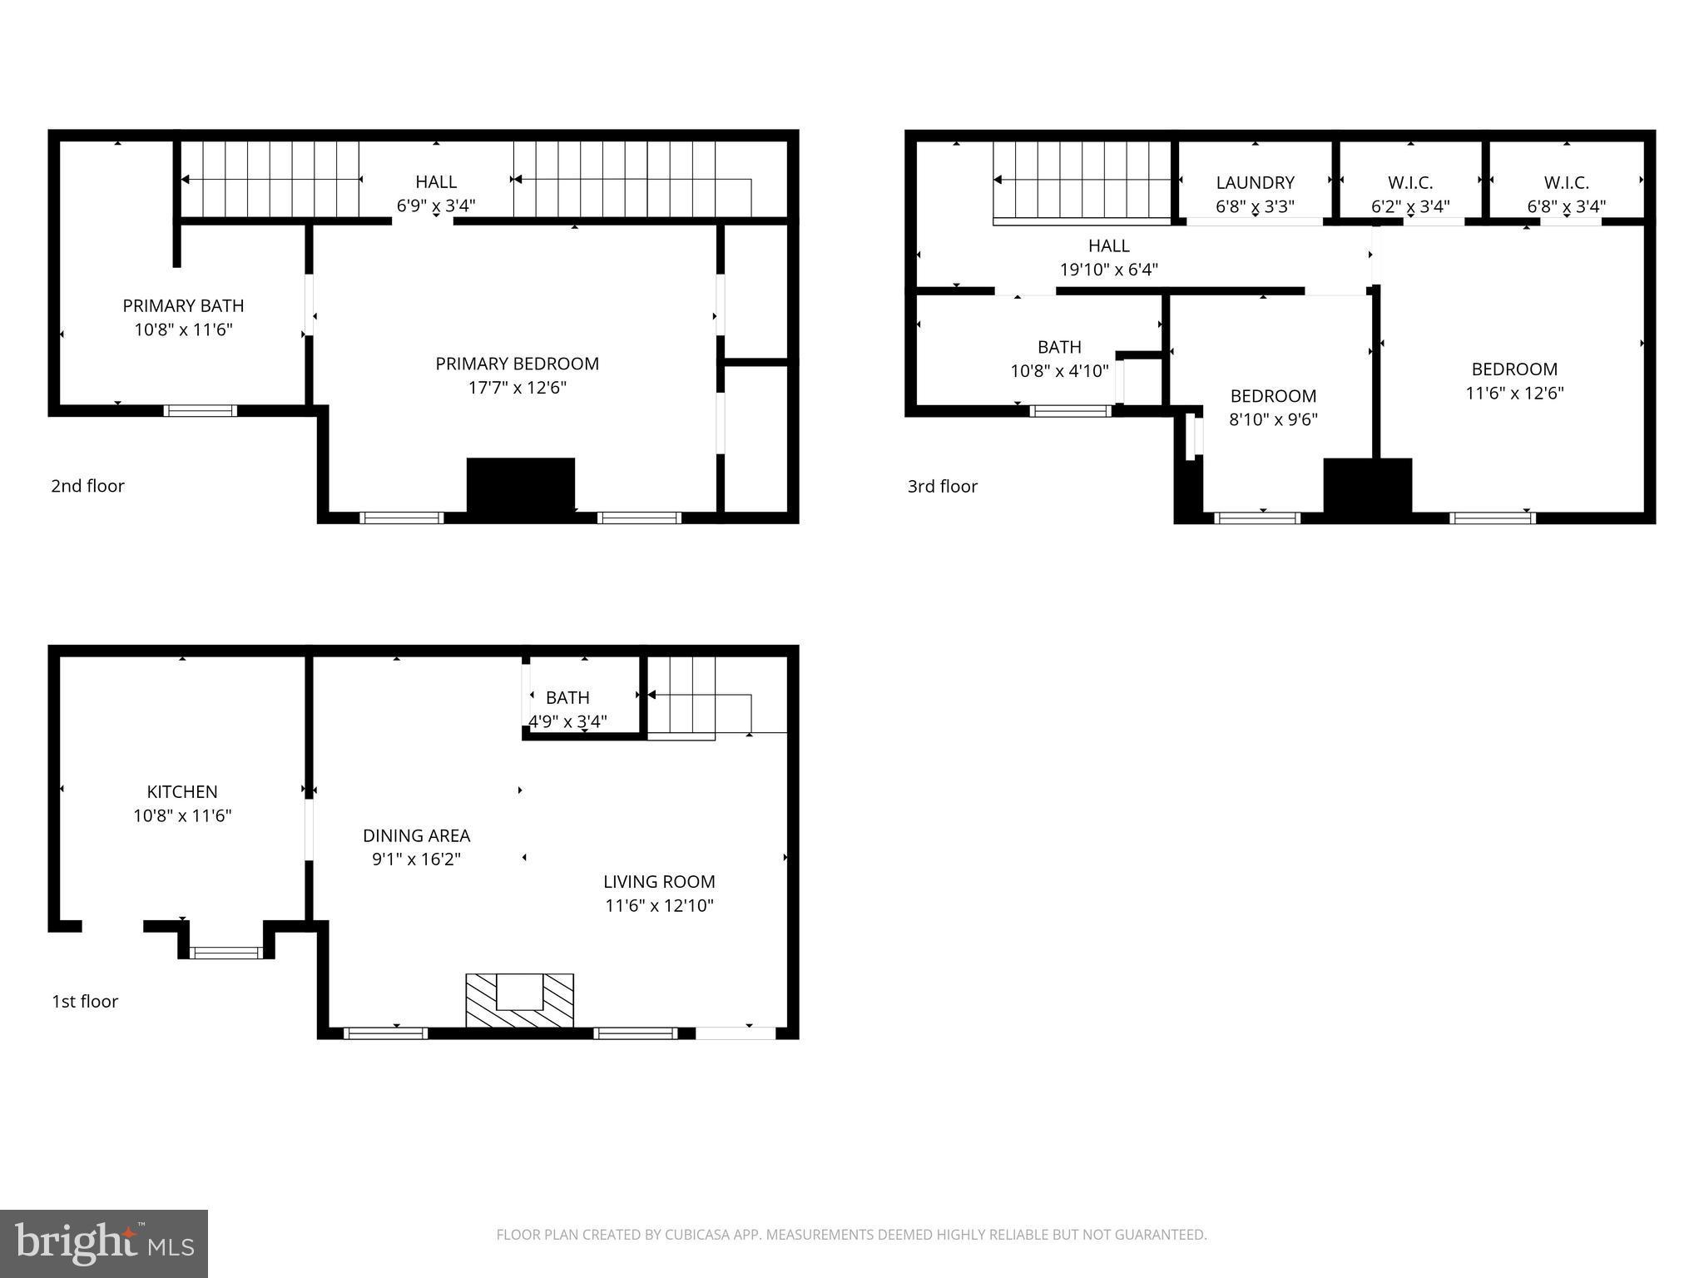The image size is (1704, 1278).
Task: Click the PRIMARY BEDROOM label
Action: tap(517, 364)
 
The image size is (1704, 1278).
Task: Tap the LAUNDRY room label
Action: tap(1255, 182)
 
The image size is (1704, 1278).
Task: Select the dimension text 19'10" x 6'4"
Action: tap(1108, 270)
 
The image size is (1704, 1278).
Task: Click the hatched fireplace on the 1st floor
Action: tap(519, 1001)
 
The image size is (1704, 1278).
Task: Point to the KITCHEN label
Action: tap(182, 791)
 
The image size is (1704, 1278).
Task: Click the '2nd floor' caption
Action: tap(87, 486)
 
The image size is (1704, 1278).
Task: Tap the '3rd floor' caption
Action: tap(942, 486)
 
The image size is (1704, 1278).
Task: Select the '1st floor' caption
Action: tap(85, 1001)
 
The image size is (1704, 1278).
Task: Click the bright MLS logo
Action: tap(103, 1243)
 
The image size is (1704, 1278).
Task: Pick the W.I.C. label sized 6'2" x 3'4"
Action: tap(1410, 182)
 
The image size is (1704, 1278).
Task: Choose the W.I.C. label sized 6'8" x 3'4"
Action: tap(1566, 182)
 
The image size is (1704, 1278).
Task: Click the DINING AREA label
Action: tap(416, 835)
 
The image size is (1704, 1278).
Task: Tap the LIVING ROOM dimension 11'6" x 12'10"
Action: tap(659, 905)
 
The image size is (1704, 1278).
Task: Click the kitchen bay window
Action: tap(225, 953)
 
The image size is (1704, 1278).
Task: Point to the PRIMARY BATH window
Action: tap(200, 410)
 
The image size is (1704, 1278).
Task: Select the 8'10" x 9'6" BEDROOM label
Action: tap(1273, 396)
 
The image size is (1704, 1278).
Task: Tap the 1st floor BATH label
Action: tap(567, 697)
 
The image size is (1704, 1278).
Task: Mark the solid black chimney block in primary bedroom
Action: tap(521, 486)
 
